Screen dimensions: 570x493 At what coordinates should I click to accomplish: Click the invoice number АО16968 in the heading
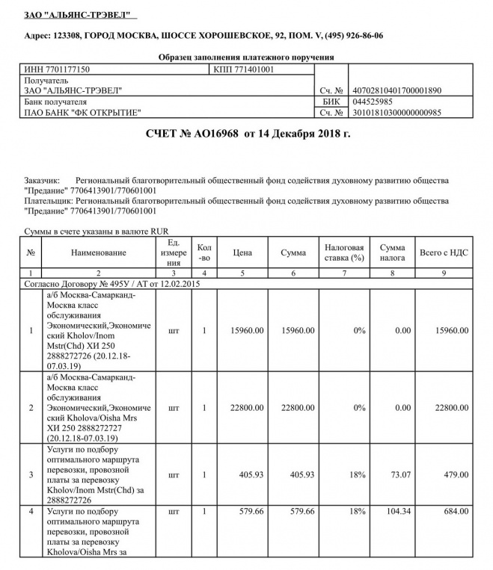[x=213, y=134]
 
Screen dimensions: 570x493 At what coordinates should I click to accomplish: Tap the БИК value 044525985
[x=372, y=101]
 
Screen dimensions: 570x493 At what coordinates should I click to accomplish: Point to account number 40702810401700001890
[x=396, y=90]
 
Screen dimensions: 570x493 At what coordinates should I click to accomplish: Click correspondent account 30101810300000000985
[x=396, y=113]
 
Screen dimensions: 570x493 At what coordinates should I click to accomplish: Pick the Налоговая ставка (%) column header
[x=343, y=253]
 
